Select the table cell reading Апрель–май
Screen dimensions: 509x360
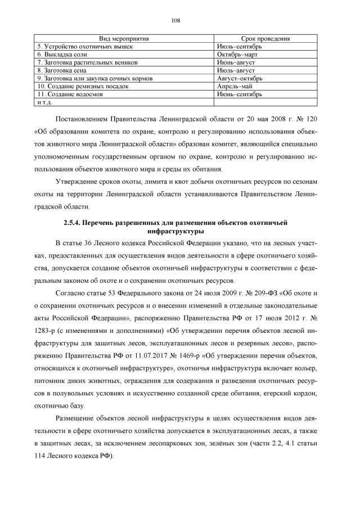[235, 87]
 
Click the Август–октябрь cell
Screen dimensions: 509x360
[239, 79]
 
